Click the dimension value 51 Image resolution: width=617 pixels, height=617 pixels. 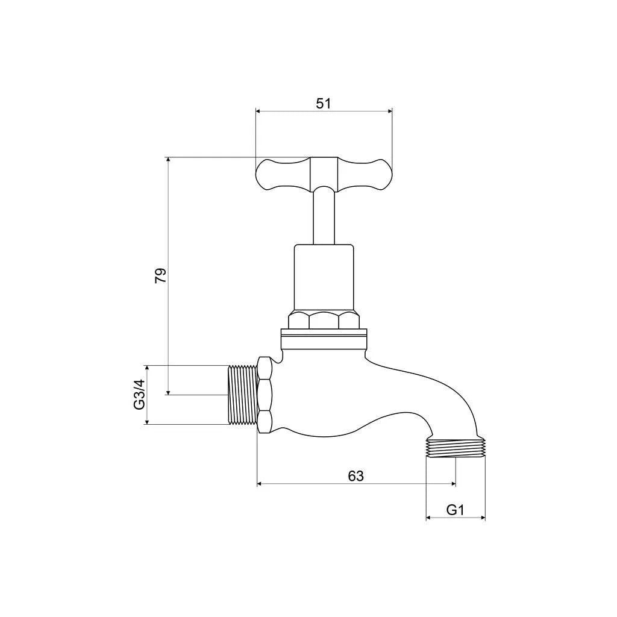pyautogui.click(x=324, y=103)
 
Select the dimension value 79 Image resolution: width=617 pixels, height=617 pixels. pyautogui.click(x=160, y=276)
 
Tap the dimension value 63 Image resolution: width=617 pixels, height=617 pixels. pyautogui.click(x=356, y=475)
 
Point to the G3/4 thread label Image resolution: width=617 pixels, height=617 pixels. pyautogui.click(x=139, y=395)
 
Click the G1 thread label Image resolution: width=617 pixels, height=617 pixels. pyautogui.click(x=455, y=510)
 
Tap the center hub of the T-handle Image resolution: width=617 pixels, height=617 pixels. pyautogui.click(x=324, y=173)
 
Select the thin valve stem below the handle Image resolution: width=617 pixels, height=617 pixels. pyautogui.click(x=324, y=217)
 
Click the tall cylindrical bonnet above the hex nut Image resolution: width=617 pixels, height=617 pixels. pyautogui.click(x=324, y=277)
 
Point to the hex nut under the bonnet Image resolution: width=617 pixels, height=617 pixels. pyautogui.click(x=324, y=320)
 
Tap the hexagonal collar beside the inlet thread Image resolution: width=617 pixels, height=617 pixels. pyautogui.click(x=265, y=395)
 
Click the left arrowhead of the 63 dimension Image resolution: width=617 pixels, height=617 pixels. pyautogui.click(x=260, y=483)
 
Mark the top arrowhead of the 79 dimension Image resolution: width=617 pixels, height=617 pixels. pyautogui.click(x=168, y=160)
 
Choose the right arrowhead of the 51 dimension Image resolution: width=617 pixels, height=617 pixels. pyautogui.click(x=389, y=110)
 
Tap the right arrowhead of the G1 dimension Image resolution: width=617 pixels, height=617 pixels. pyautogui.click(x=483, y=518)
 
